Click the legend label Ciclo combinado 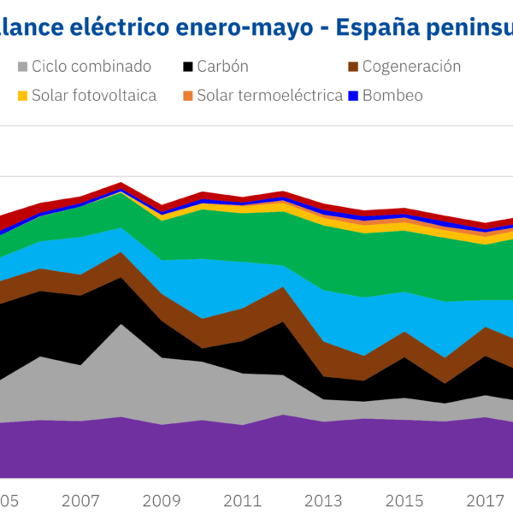tap(91, 67)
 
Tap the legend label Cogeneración tap(411, 67)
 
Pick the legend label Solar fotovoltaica tap(94, 96)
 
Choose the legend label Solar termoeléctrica tap(270, 96)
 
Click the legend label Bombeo tap(392, 96)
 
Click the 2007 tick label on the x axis tap(81, 499)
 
